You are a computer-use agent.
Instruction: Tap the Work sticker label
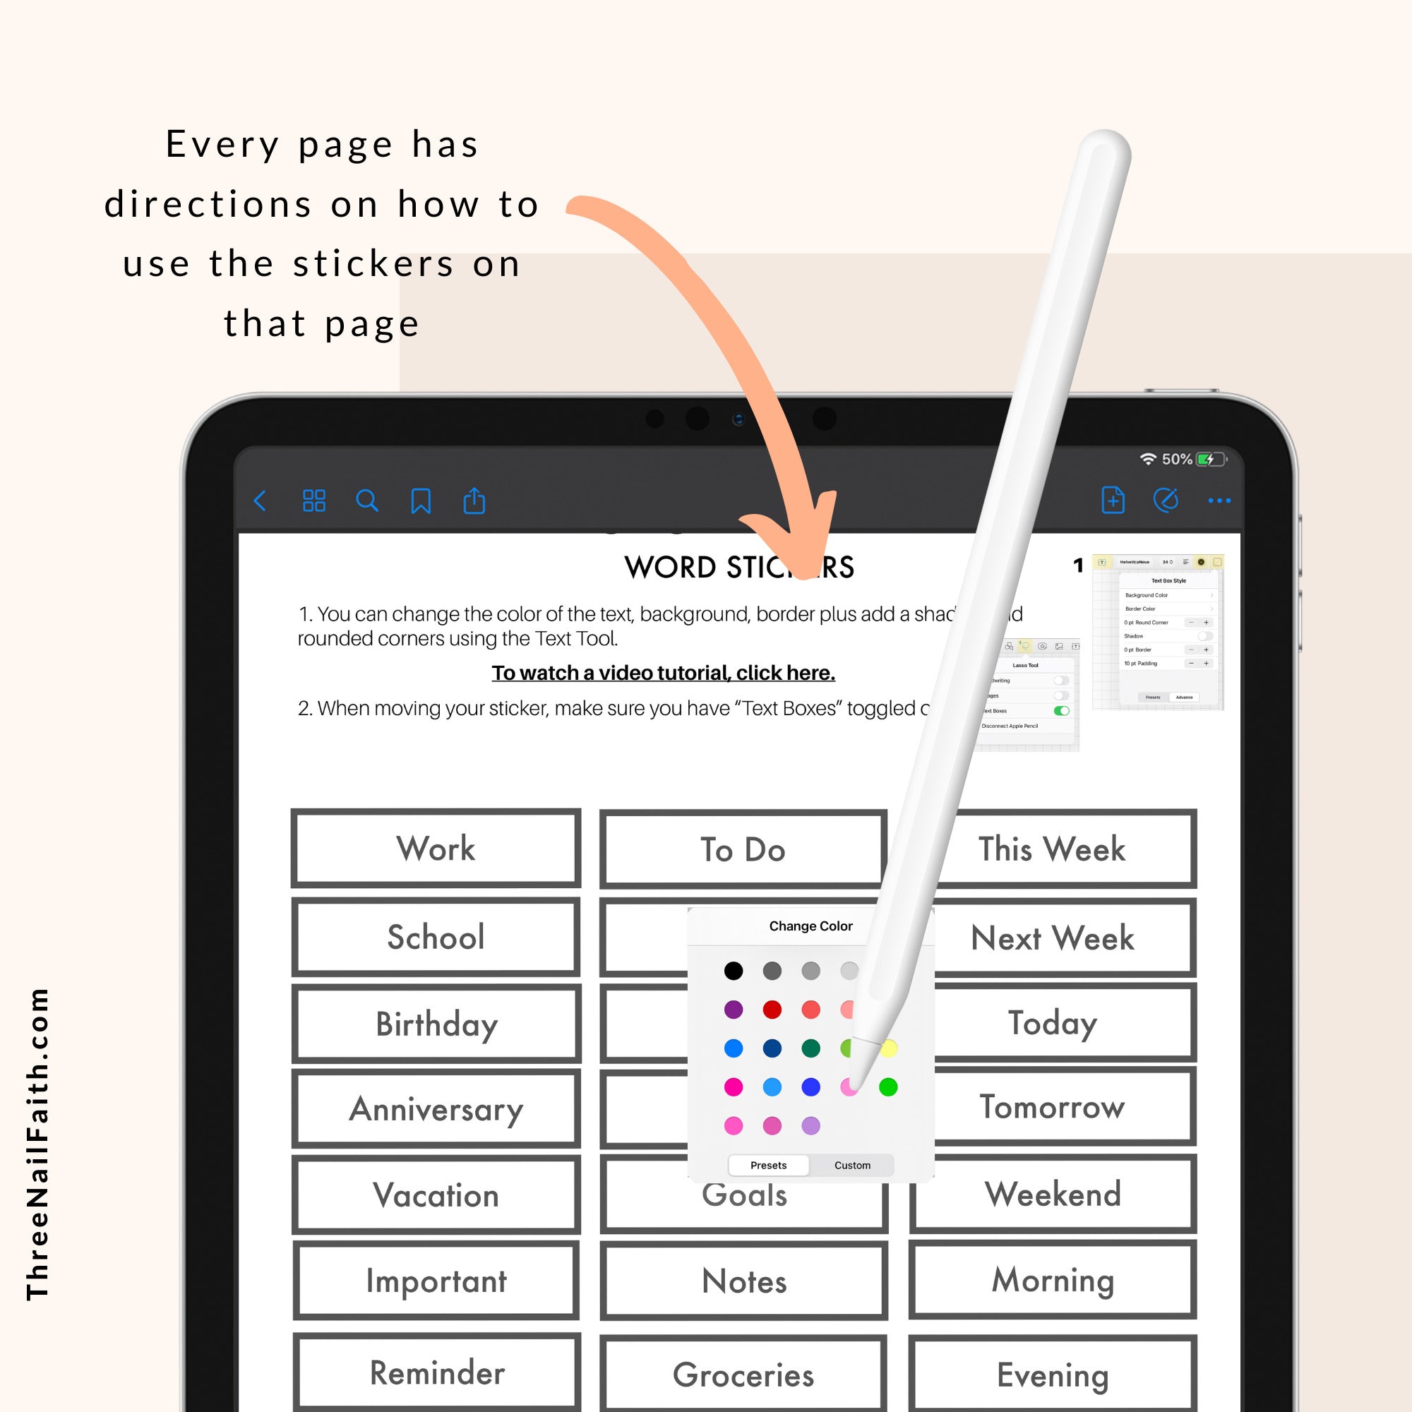(x=436, y=848)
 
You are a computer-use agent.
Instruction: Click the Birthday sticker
(x=436, y=1023)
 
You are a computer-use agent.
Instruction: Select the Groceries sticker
(x=743, y=1375)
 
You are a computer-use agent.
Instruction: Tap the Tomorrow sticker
(x=1053, y=1106)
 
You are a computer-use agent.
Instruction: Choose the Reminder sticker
(x=437, y=1372)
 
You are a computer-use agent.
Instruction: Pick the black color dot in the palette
(x=733, y=971)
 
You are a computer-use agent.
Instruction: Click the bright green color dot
(x=888, y=1087)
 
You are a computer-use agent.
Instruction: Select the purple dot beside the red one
(x=733, y=1010)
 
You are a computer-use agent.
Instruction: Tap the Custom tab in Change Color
(x=852, y=1165)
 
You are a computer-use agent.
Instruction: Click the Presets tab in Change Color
(x=768, y=1165)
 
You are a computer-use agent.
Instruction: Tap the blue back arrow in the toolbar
(x=259, y=501)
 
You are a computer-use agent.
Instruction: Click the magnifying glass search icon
(x=367, y=501)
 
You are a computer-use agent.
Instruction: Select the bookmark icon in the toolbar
(x=421, y=501)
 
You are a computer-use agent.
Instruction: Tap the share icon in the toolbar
(x=474, y=501)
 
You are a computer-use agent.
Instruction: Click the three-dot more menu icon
(x=1219, y=501)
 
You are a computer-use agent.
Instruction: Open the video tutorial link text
(x=663, y=672)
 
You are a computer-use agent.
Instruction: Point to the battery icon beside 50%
(x=1210, y=459)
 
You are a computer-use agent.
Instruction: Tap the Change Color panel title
(x=810, y=926)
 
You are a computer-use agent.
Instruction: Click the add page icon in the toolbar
(x=1113, y=501)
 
